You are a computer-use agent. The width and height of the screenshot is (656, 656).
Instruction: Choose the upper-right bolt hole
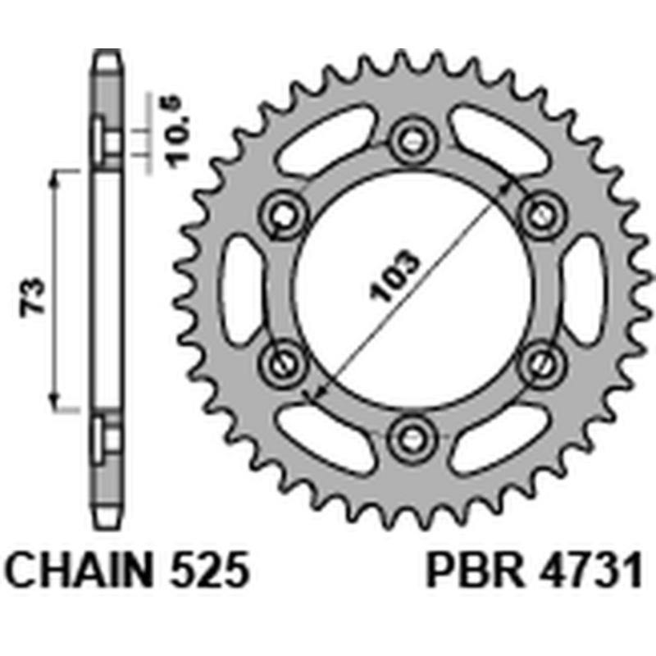click(x=539, y=216)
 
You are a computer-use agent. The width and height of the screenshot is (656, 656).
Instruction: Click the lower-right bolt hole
click(x=539, y=361)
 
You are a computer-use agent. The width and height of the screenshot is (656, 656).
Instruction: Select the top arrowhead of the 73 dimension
click(x=56, y=177)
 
